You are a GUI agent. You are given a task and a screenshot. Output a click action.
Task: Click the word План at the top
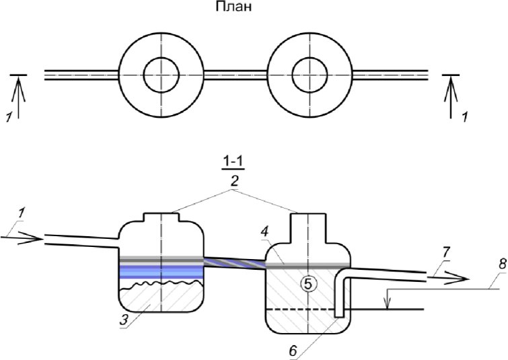[x=233, y=7]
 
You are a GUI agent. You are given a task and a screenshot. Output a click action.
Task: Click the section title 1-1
[x=233, y=162]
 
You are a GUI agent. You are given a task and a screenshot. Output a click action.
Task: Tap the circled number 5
[x=307, y=284]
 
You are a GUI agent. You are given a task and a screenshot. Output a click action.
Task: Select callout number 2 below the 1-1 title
[x=234, y=182]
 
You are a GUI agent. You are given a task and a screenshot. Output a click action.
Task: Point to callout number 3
[x=124, y=320]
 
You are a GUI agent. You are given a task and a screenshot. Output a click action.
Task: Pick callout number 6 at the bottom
[x=293, y=351]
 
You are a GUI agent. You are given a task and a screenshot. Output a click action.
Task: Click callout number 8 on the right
[x=502, y=264]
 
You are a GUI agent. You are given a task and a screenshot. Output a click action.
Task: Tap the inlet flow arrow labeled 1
[x=22, y=239]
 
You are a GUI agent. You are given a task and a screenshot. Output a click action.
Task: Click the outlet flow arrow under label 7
[x=448, y=279]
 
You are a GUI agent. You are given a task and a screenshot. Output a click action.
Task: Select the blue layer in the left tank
[x=161, y=272]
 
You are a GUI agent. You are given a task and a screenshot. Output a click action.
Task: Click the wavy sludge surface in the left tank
[x=161, y=285]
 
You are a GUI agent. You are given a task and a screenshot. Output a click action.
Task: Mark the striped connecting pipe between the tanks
[x=235, y=262]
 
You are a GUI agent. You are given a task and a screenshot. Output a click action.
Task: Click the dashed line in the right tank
[x=299, y=310]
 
